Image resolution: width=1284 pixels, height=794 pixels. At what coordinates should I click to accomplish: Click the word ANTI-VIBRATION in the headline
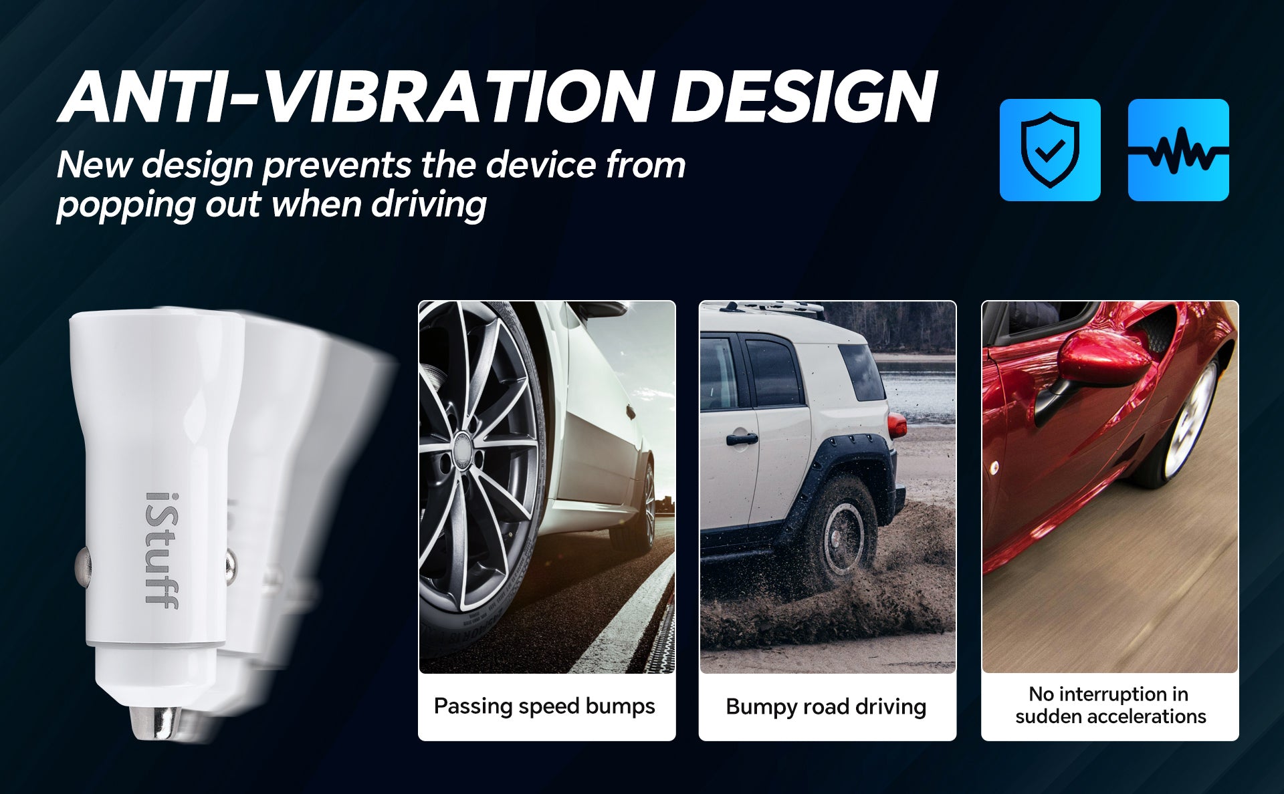[x=354, y=97]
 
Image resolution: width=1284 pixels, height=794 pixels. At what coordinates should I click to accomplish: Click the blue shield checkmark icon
[x=1050, y=150]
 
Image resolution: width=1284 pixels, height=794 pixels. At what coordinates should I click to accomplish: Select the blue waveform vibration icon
[x=1178, y=150]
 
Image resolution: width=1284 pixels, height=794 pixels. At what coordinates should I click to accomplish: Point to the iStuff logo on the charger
[x=162, y=550]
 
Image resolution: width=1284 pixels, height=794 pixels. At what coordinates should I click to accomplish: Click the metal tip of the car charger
[x=155, y=723]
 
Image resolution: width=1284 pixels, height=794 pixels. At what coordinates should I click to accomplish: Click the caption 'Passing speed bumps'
[x=544, y=706]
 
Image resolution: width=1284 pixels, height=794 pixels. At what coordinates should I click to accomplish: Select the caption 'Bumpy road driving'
[x=826, y=706]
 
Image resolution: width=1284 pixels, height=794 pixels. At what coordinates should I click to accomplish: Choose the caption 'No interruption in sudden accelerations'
[x=1110, y=705]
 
